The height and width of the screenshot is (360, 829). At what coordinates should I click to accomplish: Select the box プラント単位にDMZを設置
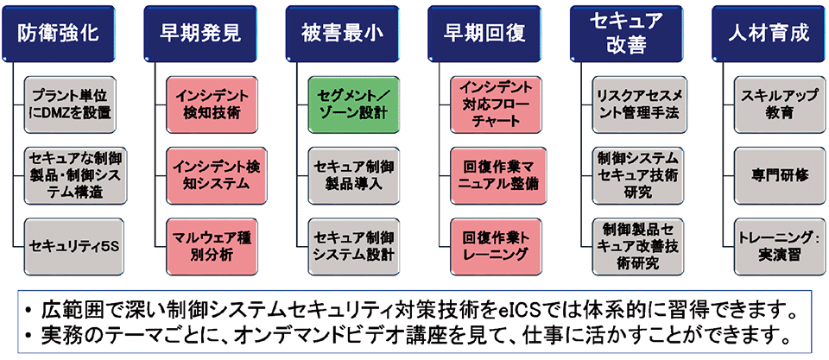pos(71,104)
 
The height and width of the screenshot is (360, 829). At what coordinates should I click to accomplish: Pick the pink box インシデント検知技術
pos(212,104)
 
